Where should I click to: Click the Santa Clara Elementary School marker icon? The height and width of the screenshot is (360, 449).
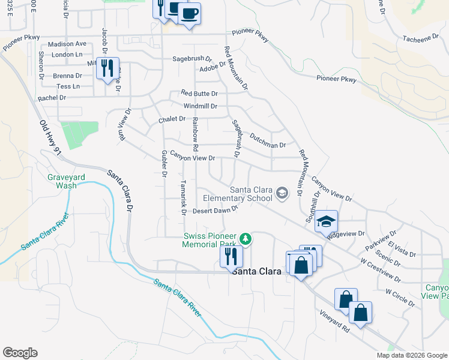[x=283, y=193]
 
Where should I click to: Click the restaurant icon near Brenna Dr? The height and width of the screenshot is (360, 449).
[x=107, y=67]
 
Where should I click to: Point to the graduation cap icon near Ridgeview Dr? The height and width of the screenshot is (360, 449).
[x=326, y=221]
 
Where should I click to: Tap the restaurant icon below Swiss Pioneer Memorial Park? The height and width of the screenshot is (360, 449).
[x=231, y=256]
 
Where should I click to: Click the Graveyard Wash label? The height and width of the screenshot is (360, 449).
[x=62, y=181]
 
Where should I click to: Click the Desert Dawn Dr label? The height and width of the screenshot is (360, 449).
[x=216, y=211]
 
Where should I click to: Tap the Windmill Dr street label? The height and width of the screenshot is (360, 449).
[x=200, y=106]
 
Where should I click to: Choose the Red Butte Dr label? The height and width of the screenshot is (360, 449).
[x=199, y=94]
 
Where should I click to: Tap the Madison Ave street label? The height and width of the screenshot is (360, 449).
[x=67, y=44]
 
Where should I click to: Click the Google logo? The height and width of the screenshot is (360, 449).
[x=20, y=352]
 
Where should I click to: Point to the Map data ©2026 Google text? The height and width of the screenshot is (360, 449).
[x=412, y=355]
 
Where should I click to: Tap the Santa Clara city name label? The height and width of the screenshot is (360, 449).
[x=257, y=271]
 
